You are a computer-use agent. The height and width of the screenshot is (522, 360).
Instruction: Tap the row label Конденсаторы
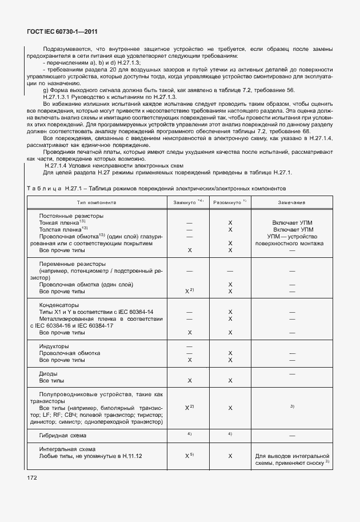(59, 305)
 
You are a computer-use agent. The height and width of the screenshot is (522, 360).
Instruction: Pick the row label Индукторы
(54, 346)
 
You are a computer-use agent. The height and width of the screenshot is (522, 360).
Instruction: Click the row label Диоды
(49, 373)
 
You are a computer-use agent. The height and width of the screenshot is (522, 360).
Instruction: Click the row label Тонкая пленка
(62, 222)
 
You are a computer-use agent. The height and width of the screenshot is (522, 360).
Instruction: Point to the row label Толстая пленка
(63, 229)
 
